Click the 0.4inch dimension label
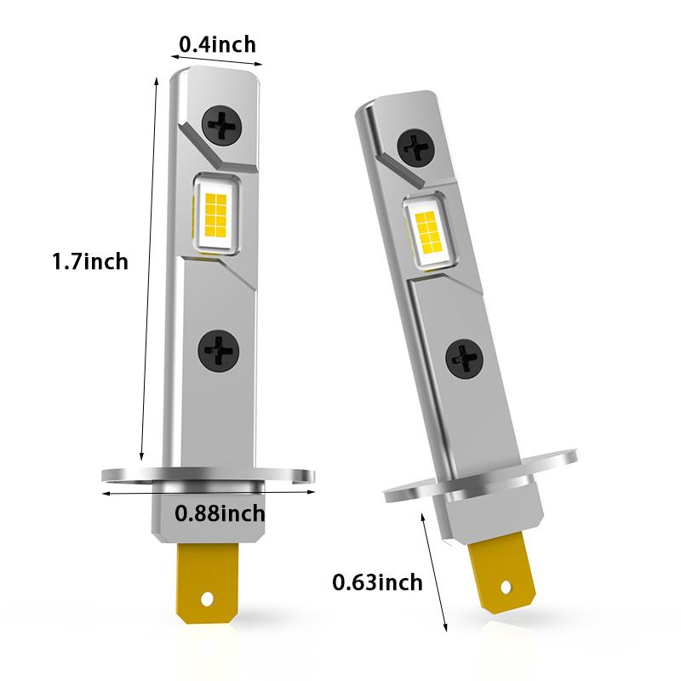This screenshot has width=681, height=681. point(217,43)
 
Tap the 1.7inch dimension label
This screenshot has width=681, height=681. point(90,260)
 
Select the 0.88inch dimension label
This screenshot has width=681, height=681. point(220,513)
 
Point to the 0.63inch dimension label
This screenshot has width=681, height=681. point(377,582)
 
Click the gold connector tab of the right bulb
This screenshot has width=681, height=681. point(501,572)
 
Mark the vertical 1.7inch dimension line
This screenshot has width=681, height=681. point(149,264)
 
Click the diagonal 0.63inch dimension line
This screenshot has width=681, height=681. point(436,570)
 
